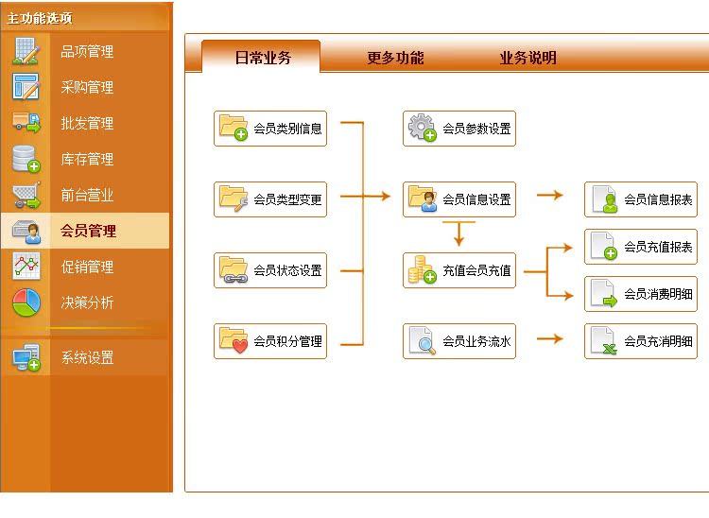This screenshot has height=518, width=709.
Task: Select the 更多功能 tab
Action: (x=395, y=58)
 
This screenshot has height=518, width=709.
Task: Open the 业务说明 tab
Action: (x=527, y=58)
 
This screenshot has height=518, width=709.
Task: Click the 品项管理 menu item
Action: (x=87, y=51)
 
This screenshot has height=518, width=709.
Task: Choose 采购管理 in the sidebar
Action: (x=87, y=87)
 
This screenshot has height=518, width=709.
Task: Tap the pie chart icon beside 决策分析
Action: (x=26, y=302)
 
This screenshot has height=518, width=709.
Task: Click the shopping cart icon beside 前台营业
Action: (x=26, y=196)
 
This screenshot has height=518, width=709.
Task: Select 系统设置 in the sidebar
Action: (x=87, y=357)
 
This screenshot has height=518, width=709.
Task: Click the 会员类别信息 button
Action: (x=270, y=129)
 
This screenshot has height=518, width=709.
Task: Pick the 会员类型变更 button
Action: (x=270, y=199)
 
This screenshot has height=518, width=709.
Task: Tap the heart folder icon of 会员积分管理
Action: (x=233, y=341)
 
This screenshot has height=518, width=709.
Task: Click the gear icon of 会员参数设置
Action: (x=422, y=128)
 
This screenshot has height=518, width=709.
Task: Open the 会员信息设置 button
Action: (x=459, y=199)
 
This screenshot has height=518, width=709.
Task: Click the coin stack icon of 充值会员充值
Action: (x=422, y=269)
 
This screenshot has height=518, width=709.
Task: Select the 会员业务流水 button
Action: (x=459, y=341)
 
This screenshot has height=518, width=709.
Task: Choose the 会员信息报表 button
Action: (x=641, y=199)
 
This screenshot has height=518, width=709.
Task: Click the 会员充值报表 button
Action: (x=641, y=247)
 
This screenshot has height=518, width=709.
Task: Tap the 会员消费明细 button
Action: (x=641, y=294)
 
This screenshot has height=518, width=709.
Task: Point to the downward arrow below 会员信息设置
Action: (x=458, y=233)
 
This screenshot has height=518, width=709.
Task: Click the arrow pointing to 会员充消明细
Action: (x=550, y=338)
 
